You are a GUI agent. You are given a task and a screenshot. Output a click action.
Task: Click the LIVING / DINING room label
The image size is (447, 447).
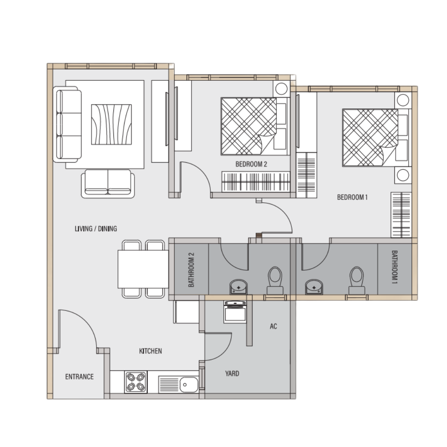[96, 228]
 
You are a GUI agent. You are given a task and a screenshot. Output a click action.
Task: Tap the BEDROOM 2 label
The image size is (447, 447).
[251, 164]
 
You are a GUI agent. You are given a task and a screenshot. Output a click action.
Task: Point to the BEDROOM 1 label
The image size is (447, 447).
[352, 197]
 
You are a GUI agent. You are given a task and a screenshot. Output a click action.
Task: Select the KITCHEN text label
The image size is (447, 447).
[151, 351]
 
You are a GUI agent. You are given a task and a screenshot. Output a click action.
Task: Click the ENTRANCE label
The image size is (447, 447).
[79, 377]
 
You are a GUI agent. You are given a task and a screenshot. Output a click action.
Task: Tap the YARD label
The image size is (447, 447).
[232, 373]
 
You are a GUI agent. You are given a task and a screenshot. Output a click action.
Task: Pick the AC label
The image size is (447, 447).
[274, 326]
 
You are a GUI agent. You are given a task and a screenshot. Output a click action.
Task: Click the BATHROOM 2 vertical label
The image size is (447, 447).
[191, 270]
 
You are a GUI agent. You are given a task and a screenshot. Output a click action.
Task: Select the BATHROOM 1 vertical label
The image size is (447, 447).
[394, 267]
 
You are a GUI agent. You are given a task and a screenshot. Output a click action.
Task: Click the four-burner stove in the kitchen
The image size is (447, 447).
[136, 382]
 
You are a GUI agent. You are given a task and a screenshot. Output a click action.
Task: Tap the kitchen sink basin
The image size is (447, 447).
[188, 385]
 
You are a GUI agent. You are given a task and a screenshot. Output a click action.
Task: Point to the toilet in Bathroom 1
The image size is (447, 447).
[357, 281]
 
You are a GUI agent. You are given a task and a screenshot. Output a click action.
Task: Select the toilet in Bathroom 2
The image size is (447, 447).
[275, 281]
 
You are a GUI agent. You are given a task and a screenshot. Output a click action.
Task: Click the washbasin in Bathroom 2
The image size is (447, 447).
[239, 287]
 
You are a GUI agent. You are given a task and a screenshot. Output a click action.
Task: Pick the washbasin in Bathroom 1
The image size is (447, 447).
[314, 287]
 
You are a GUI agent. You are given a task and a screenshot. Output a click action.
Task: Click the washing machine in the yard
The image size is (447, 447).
[235, 312]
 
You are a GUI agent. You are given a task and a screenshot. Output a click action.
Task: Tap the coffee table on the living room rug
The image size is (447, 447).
[111, 125]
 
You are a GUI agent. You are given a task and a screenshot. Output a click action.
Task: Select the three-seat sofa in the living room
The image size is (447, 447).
[67, 124]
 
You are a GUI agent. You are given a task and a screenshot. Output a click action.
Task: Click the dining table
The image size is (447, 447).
[143, 269]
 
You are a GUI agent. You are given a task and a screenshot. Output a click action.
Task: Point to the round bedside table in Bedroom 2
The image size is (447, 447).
[281, 89]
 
